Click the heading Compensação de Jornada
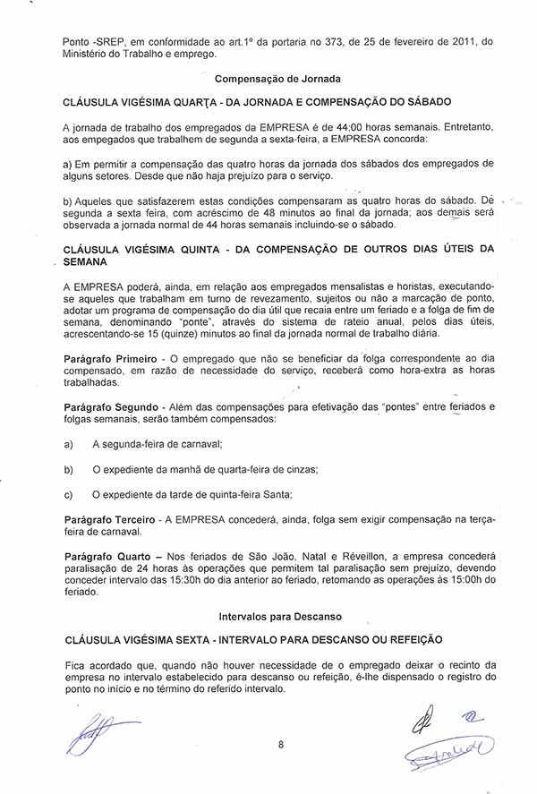pyautogui.click(x=269, y=79)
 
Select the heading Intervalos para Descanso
pyautogui.click(x=269, y=617)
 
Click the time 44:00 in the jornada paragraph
pyautogui.click(x=354, y=127)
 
